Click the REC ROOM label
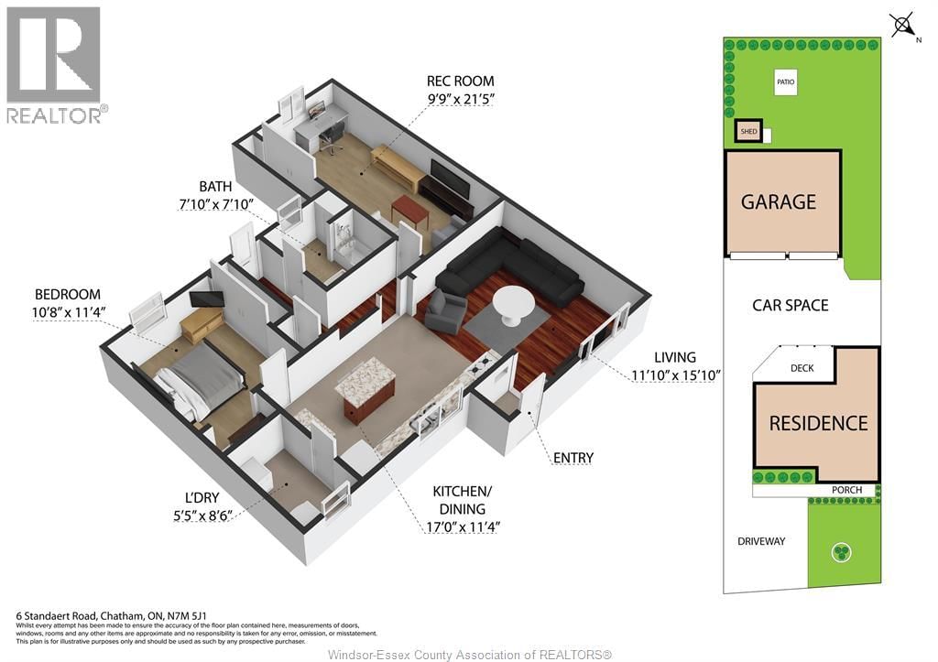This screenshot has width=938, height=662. pos(461,80)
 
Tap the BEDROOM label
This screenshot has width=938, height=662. pos(67,294)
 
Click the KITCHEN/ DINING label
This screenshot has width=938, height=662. pos(459,500)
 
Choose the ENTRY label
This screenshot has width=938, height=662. pos(573,457)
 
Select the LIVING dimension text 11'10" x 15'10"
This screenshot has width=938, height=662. pos(676,374)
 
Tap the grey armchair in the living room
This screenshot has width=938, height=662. pos(445,310)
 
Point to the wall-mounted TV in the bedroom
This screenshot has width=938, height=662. pos(206,298)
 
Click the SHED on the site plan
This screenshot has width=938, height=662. pos(748,132)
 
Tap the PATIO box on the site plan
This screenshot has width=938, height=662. pos(785,82)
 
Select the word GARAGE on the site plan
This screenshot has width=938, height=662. pos(779,201)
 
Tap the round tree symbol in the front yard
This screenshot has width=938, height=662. pos(841,551)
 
